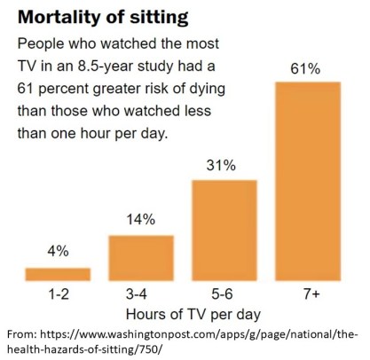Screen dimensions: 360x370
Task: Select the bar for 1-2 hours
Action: tap(58, 273)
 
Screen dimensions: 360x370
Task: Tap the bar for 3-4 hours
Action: tap(140, 257)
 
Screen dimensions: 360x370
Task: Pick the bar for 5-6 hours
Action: tap(224, 229)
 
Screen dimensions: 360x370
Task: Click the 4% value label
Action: tap(58, 252)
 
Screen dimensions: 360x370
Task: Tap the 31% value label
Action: tap(224, 165)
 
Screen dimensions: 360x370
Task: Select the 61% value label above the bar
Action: tap(308, 66)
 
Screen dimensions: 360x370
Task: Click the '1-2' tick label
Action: tap(58, 294)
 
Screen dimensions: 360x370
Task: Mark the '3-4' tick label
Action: tap(140, 294)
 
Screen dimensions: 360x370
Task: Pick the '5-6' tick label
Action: tap(224, 294)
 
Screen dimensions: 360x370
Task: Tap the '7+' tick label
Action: tap(308, 294)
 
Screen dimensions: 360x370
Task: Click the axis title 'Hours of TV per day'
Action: tap(183, 314)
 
